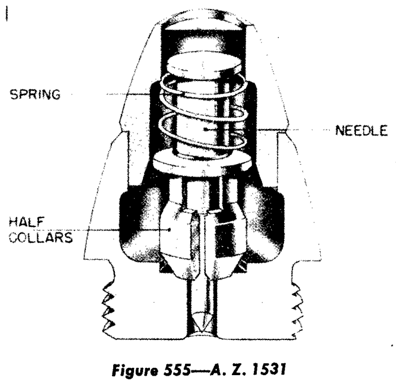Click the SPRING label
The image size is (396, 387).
coord(35,94)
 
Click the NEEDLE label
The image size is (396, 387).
coord(361,131)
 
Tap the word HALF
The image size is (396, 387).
coord(27,222)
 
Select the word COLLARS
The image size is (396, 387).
coord(41,238)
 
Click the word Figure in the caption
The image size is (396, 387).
coord(135,371)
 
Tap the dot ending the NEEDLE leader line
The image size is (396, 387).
coord(206,130)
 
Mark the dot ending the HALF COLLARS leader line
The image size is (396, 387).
coord(170,230)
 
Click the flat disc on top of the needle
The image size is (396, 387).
coord(204,66)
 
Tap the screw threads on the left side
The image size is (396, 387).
coord(108,309)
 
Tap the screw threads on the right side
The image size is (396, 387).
coord(298,309)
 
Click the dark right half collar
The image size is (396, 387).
coord(229,235)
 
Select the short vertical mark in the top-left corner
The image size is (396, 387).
coord(7,14)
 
